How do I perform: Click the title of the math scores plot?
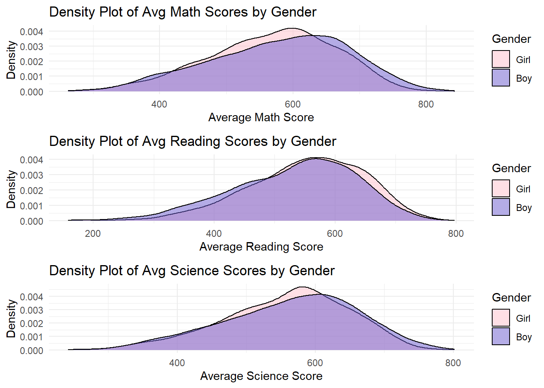point(183,12)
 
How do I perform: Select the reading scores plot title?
point(193,141)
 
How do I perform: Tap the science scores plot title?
point(192,271)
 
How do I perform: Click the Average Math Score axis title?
point(261,118)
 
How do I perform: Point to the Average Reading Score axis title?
point(261,247)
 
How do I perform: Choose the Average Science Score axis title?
point(261,376)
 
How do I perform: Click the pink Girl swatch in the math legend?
point(501,59)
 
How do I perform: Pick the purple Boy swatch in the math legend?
point(501,78)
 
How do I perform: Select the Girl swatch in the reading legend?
point(501,189)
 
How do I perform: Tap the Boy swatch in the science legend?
point(501,337)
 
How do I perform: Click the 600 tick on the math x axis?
point(293,104)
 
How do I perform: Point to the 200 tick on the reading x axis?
point(93,234)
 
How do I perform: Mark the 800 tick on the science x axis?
point(453,363)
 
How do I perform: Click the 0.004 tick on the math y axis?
point(32,32)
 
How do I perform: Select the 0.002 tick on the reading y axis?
point(32,190)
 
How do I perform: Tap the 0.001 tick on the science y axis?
point(32,337)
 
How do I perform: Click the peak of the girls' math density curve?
point(292,28)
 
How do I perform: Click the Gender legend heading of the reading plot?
point(511,168)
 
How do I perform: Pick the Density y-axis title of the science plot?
point(11,318)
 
